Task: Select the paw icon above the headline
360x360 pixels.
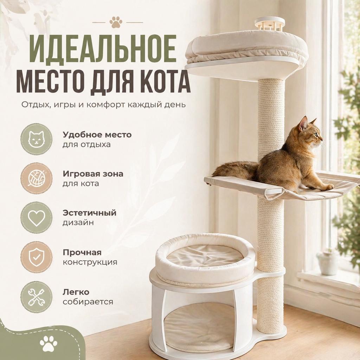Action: (116, 22)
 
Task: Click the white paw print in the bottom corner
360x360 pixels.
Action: (49, 343)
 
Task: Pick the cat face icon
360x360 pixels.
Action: (36, 139)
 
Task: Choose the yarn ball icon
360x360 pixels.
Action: (36, 178)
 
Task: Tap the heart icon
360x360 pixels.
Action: (36, 218)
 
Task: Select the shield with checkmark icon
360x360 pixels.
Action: (36, 257)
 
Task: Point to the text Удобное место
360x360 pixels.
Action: (97, 135)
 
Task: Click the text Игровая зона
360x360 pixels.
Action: (93, 174)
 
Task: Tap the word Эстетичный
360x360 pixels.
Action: (89, 213)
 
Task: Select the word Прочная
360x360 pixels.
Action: (82, 253)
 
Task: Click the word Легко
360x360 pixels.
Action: (76, 292)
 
